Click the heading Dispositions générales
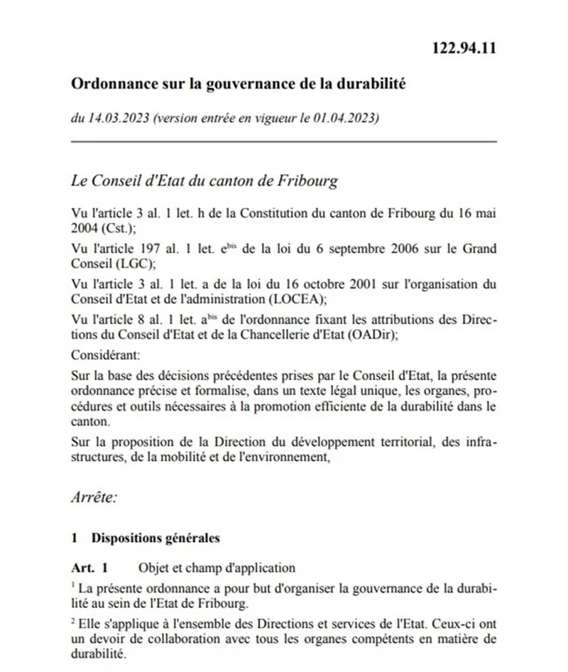pos(155,538)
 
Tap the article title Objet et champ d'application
pos(216,568)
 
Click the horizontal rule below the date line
pos(284,142)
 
